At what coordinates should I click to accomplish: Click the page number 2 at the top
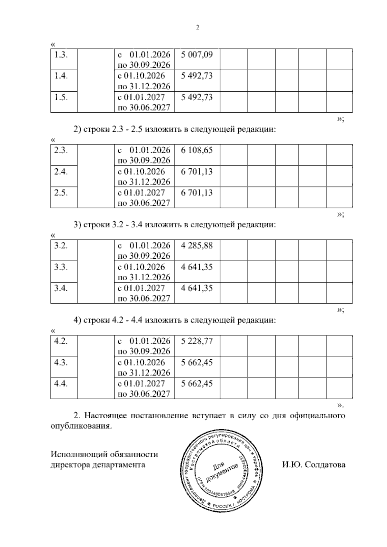tap(198, 28)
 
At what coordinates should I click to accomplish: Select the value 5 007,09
tap(197, 55)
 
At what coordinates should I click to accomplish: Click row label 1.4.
tap(61, 76)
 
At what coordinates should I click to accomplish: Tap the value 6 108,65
tap(197, 150)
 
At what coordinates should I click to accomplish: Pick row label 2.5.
tap(61, 193)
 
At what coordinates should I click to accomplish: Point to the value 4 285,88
tap(197, 245)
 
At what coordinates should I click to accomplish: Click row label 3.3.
tap(61, 267)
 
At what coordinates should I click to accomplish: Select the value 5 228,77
tap(197, 341)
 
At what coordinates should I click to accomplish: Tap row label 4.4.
tap(61, 383)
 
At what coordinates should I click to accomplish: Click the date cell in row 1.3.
tap(144, 59)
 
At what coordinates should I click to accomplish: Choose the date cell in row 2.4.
tap(144, 176)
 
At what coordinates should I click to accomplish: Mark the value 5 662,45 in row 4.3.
tap(197, 362)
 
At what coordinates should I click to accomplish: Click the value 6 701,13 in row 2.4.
tap(197, 171)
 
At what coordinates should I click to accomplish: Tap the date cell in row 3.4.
tap(144, 293)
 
